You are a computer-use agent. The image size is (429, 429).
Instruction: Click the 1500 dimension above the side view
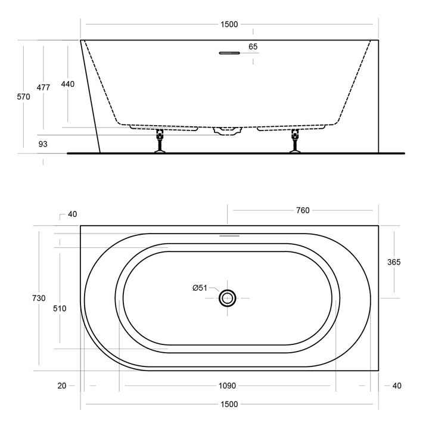tap(229, 24)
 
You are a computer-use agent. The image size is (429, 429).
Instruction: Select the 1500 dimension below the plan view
tap(229, 405)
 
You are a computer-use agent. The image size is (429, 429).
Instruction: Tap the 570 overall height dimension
tap(23, 97)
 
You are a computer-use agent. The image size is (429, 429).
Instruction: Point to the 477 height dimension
tap(43, 87)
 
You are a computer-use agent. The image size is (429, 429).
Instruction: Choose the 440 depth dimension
tap(68, 84)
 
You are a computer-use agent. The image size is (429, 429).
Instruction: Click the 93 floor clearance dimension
tap(43, 144)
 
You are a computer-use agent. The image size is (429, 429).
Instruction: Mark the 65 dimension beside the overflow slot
tap(253, 46)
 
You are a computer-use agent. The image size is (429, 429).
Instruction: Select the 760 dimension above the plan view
tap(303, 210)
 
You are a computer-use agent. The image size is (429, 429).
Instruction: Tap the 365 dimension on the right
tap(394, 262)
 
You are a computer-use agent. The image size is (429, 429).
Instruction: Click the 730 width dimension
tap(39, 299)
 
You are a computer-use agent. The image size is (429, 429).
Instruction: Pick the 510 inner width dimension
tap(60, 308)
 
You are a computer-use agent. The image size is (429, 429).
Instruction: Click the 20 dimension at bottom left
tap(61, 386)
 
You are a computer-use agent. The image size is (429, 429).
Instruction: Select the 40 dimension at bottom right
tap(397, 386)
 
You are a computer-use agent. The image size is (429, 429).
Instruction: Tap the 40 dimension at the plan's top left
tap(73, 214)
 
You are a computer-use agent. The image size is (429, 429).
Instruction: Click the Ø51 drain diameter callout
tap(200, 288)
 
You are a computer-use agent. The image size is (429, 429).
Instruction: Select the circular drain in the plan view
tap(228, 298)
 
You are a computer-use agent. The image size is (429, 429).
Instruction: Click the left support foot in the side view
tap(160, 142)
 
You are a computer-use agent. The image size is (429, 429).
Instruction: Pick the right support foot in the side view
tap(295, 142)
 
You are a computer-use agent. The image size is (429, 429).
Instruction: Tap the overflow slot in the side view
tap(229, 53)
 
